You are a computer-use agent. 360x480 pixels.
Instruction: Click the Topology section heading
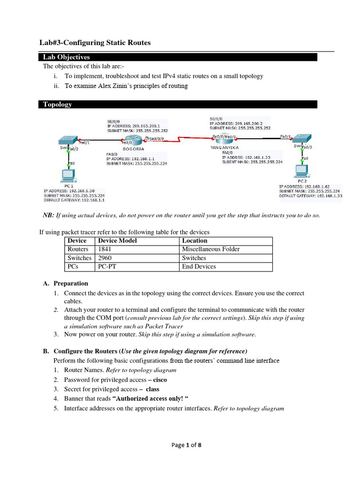click(58, 105)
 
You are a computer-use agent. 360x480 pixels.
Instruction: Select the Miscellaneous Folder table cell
click(210, 249)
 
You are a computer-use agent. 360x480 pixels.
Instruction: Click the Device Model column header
click(117, 240)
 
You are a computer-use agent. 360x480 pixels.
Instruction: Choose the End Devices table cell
click(199, 267)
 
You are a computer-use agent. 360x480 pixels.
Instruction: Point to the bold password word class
click(152, 389)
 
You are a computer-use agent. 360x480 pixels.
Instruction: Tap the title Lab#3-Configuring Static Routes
click(95, 43)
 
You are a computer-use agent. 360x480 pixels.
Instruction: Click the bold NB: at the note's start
click(48, 215)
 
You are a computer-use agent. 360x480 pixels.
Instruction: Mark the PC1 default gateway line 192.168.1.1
click(74, 200)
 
